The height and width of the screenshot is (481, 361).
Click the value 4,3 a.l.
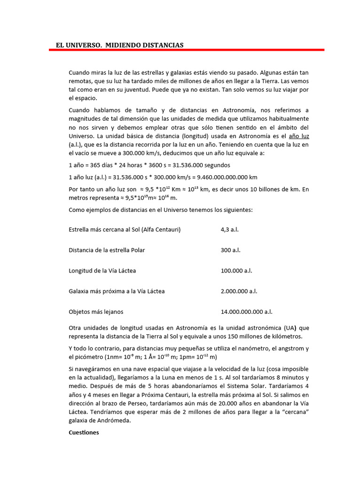[230, 230]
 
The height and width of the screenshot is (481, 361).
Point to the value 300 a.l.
[230, 250]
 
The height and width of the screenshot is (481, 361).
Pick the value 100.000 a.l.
[236, 271]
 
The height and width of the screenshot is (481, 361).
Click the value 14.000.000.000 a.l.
[246, 312]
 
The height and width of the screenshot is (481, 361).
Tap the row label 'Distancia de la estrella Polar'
[107, 250]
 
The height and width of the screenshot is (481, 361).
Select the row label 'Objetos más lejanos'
[96, 312]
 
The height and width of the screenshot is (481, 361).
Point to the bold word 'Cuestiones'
[84, 433]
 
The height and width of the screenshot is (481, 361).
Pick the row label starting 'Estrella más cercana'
[125, 230]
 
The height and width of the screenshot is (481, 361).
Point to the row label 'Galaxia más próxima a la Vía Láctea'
[117, 291]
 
